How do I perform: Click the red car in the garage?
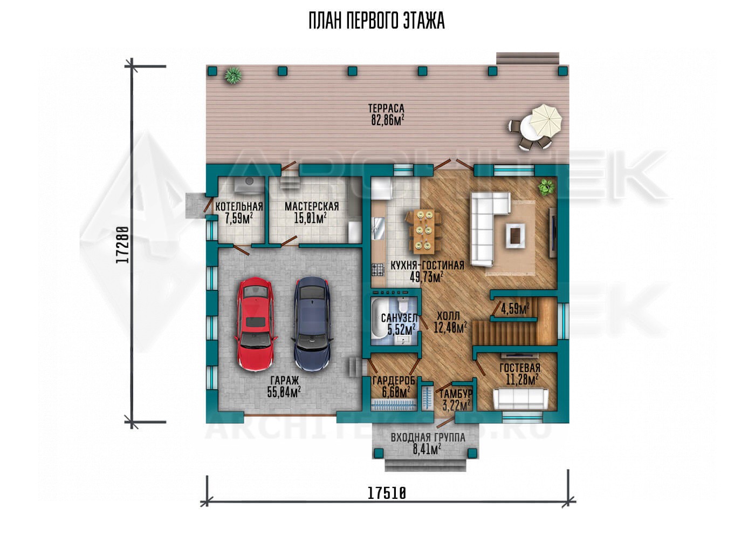255,324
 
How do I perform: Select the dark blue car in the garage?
312,323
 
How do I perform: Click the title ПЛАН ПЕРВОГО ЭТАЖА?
377,21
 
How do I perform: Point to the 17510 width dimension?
387,493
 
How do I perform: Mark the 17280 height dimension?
123,245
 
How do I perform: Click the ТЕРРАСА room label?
386,109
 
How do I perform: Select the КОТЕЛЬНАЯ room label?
239,206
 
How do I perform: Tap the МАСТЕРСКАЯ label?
312,206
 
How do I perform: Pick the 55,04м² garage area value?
284,392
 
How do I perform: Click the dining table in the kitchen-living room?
424,231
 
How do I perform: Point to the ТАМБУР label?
456,394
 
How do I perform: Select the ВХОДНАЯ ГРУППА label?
428,438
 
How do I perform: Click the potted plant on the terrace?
233,75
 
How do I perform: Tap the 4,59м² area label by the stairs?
514,309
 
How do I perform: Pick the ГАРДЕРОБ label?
394,381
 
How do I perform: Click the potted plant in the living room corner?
546,187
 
